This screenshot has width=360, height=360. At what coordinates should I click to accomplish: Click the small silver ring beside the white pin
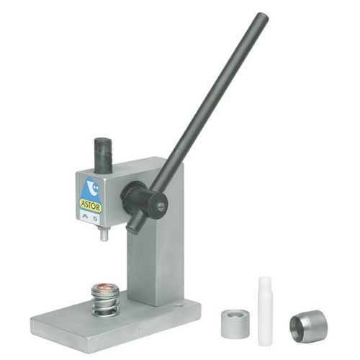(235, 323)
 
